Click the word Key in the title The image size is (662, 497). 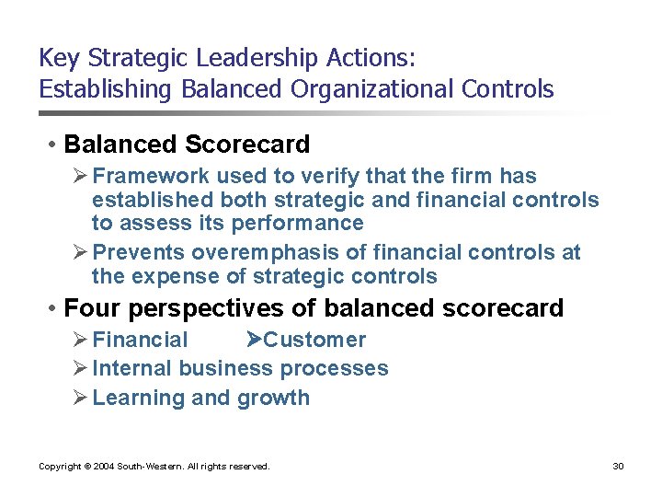pyautogui.click(x=59, y=59)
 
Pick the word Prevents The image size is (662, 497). pyautogui.click(x=135, y=253)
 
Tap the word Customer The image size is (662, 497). pyautogui.click(x=315, y=340)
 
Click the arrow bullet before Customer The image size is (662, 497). pyautogui.click(x=256, y=340)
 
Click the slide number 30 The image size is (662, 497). pyautogui.click(x=618, y=467)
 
